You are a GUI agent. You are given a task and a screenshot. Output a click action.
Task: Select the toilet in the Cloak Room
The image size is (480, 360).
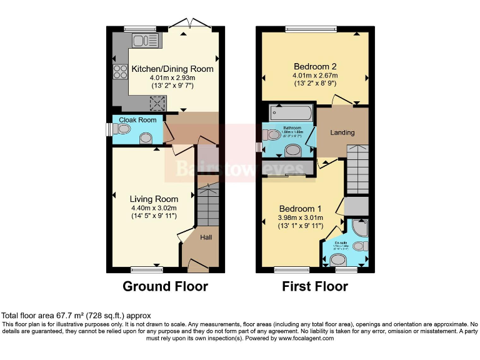click(x=122, y=129)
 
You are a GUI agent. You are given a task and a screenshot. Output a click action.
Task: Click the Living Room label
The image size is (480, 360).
click(x=154, y=199)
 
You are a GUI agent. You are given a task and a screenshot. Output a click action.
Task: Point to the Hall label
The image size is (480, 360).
click(x=206, y=237)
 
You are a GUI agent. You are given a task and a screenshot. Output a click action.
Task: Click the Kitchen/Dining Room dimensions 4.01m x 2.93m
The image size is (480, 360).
click(x=172, y=77)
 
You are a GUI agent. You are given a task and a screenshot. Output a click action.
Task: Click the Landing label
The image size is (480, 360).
click(x=342, y=132)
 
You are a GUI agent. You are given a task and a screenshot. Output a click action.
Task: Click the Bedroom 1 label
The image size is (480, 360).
click(x=300, y=209)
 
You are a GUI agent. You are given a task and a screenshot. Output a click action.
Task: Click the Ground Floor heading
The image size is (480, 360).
click(x=165, y=286)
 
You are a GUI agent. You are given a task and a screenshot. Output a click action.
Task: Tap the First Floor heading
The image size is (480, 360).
click(x=315, y=286)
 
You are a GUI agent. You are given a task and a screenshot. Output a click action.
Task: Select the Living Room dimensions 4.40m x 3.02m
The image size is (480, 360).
click(x=154, y=208)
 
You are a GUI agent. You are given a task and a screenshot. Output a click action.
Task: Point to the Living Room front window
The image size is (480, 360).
click(x=147, y=269)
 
